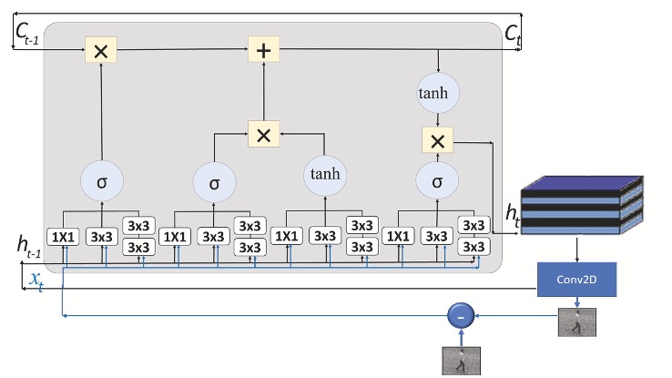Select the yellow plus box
[x=263, y=50]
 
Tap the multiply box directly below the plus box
[x=263, y=135]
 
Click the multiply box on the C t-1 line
[x=100, y=50]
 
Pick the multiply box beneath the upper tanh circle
[x=438, y=140]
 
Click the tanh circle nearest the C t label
[x=439, y=94]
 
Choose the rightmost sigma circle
[x=438, y=181]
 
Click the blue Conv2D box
[x=576, y=280]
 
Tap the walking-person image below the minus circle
[x=460, y=361]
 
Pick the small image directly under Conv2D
[x=576, y=322]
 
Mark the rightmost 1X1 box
[x=397, y=237]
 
